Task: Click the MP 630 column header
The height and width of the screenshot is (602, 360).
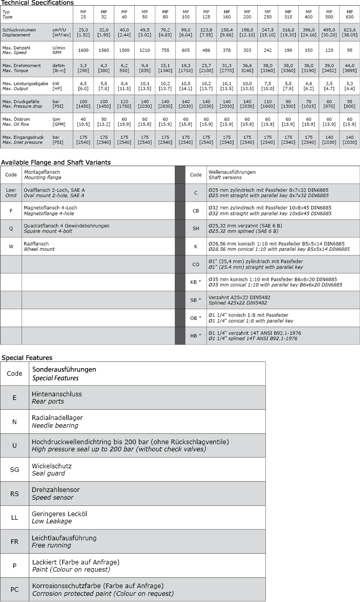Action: coord(349,14)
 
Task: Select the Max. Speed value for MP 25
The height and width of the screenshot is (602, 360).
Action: coord(83,50)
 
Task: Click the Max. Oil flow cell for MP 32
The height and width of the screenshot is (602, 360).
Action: coord(103,122)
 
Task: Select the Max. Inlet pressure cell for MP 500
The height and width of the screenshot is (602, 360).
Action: coord(329,139)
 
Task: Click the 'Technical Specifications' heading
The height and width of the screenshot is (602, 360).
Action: coord(37,3)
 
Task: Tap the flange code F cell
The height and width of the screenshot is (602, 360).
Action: coord(11,210)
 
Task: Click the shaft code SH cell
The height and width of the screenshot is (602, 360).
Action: coord(196,228)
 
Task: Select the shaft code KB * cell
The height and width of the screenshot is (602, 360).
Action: coord(196,282)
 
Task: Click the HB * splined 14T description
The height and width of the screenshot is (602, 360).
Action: coord(255,336)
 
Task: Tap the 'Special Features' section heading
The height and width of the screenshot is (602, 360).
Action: coord(27,357)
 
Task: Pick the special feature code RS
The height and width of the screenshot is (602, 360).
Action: coord(14,494)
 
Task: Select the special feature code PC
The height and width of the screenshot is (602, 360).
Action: coord(14,589)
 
